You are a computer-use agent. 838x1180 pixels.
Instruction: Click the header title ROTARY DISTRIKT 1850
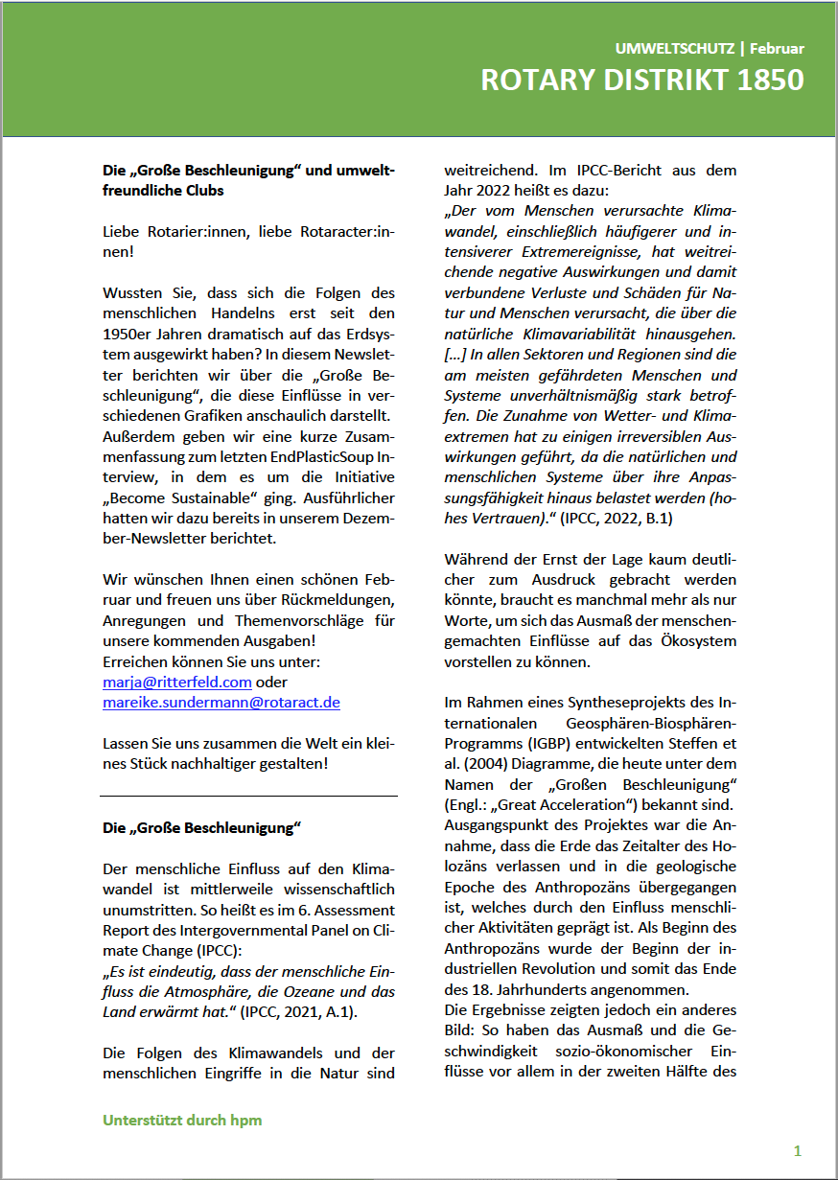tap(641, 81)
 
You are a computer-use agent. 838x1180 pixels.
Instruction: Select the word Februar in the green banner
tap(777, 48)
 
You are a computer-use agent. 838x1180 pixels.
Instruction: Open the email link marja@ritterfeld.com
tap(177, 683)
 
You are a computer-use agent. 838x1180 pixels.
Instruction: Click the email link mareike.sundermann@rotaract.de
tap(221, 702)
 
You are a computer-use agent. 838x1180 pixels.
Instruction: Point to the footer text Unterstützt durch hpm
tap(182, 1120)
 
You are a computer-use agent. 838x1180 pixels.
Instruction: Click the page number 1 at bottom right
tap(798, 1150)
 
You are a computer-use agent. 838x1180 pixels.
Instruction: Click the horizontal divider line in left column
tap(248, 796)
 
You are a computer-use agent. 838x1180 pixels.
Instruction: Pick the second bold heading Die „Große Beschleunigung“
tap(202, 826)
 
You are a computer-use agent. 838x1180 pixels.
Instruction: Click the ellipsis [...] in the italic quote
tap(455, 356)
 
